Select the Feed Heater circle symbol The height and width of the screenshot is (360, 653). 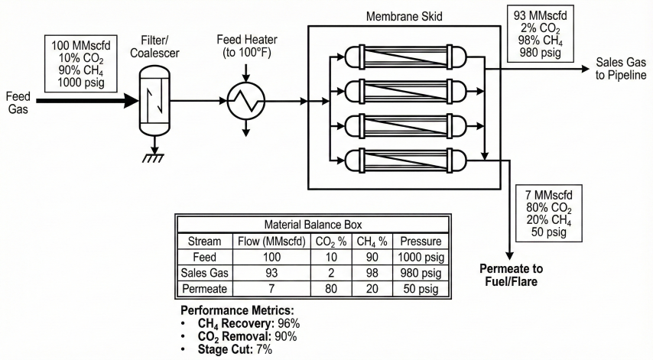point(246,100)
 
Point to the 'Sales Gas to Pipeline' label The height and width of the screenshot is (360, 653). point(619,70)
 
